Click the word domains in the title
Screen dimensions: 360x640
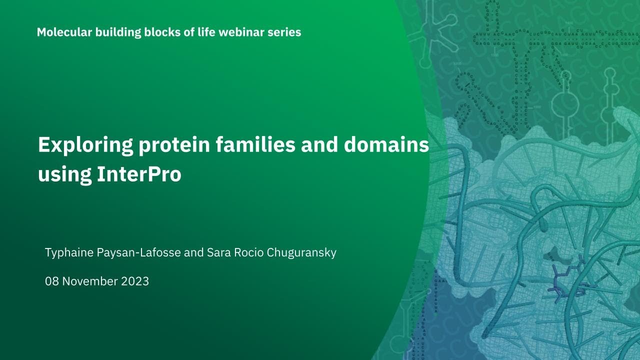[386, 145]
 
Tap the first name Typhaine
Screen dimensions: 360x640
[69, 252]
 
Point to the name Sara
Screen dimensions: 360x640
[217, 252]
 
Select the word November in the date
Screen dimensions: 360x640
[89, 281]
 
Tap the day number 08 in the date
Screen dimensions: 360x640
[52, 281]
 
